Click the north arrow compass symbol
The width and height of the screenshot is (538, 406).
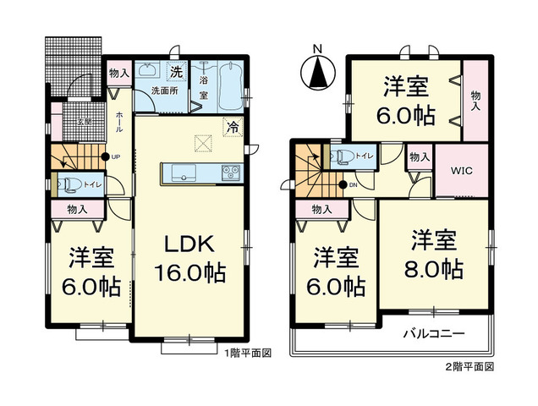(319, 69)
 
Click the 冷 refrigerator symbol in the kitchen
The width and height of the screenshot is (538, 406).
(231, 129)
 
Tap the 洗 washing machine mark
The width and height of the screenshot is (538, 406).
(176, 71)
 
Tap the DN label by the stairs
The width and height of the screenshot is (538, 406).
(354, 185)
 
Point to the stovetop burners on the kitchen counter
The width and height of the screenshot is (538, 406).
(231, 173)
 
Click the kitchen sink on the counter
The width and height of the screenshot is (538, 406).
(182, 173)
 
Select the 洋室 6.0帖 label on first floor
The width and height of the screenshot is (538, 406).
(86, 269)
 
